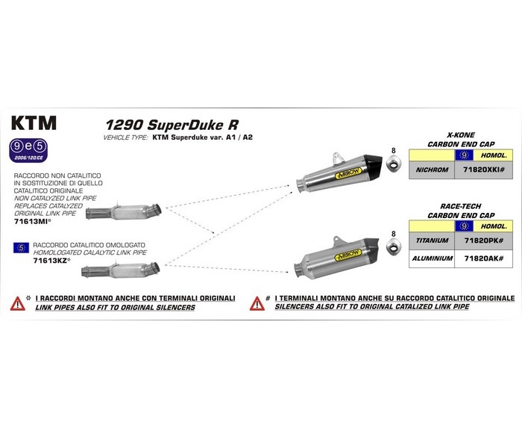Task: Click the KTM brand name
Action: [x=34, y=122]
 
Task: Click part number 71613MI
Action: [x=32, y=222]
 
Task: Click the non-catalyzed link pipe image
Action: [x=125, y=209]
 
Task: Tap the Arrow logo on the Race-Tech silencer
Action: [x=347, y=255]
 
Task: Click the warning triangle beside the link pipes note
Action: [x=16, y=303]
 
